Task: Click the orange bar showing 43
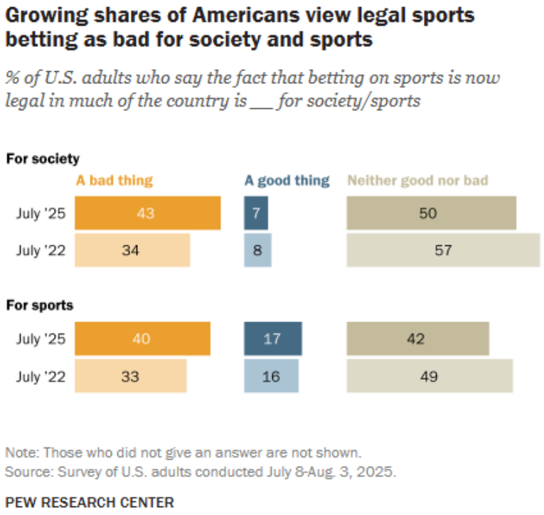[147, 213]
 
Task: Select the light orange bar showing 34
[132, 250]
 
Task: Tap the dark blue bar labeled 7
[256, 213]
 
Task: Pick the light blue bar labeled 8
[257, 250]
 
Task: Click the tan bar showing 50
[431, 213]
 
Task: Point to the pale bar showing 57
[443, 250]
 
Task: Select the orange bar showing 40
[142, 339]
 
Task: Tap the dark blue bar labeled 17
[272, 339]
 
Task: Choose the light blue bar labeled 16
[271, 376]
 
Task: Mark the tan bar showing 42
[417, 339]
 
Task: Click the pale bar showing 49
[430, 376]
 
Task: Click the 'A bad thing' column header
[114, 180]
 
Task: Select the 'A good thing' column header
[287, 180]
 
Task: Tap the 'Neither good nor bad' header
[417, 180]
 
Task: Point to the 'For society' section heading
[43, 159]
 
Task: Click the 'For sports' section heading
[41, 306]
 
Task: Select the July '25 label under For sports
[41, 339]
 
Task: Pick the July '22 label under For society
[41, 250]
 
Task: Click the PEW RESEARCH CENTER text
[90, 502]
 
